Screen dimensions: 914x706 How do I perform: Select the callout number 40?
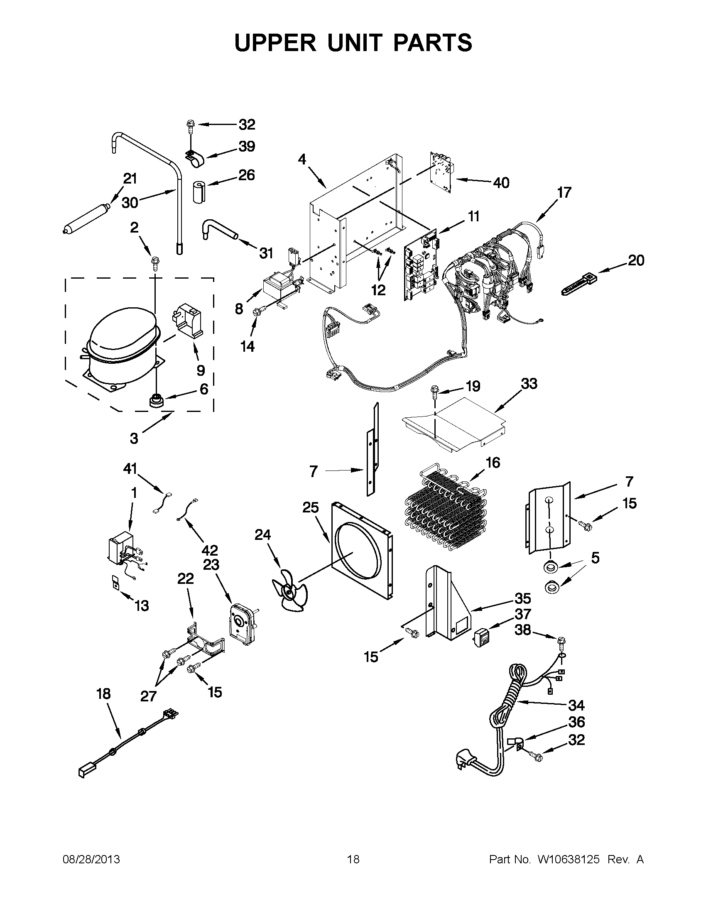(x=501, y=182)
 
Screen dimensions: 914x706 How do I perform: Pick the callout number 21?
(x=130, y=179)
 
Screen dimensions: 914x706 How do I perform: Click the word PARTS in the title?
(x=433, y=43)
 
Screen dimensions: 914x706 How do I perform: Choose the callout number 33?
(x=529, y=383)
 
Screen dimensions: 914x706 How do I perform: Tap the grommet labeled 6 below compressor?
(x=157, y=400)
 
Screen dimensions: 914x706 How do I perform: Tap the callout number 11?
(x=473, y=216)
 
